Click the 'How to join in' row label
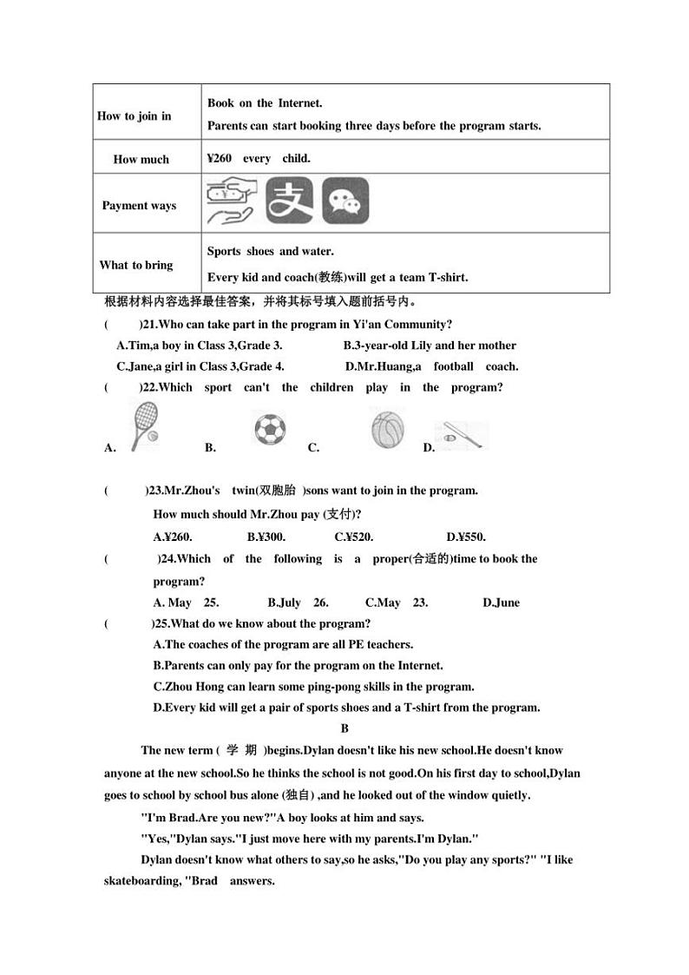135,116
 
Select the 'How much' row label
141,160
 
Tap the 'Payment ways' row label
139,206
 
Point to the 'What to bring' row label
136,266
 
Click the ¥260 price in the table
220,159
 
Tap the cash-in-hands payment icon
230,202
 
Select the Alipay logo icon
289,201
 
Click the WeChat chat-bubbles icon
345,201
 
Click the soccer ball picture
270,430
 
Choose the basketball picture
387,429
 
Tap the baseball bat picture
462,435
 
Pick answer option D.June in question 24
501,603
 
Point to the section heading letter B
344,729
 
